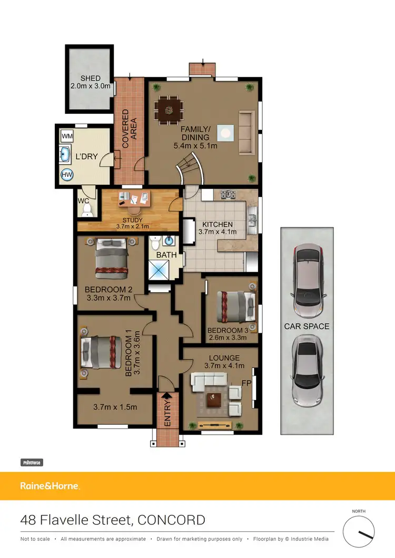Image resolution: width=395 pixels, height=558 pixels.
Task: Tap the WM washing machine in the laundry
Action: tap(67, 136)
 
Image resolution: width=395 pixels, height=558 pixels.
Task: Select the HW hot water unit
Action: tap(67, 175)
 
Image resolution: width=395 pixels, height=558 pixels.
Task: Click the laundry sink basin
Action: tap(65, 155)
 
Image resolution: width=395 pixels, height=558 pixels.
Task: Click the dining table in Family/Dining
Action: tap(169, 111)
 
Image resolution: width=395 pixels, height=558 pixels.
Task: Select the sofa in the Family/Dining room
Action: tap(246, 133)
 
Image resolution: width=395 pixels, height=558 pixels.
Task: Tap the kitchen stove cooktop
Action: tap(228, 194)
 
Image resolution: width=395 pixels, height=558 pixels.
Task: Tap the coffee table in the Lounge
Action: tap(214, 400)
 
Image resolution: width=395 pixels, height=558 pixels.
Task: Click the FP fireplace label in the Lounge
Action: tap(245, 383)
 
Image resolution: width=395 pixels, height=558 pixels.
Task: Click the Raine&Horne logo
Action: tap(50, 486)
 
